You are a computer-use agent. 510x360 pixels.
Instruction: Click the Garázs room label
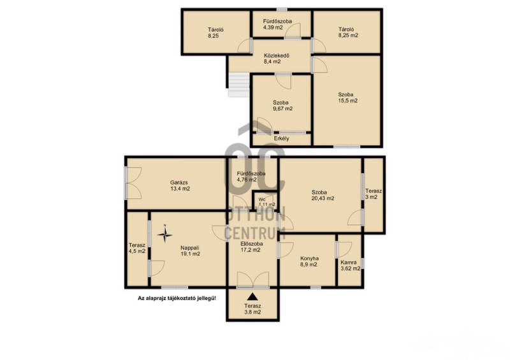180,185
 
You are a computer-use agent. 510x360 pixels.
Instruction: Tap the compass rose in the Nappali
165,234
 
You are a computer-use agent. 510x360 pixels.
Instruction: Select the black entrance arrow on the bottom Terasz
252,296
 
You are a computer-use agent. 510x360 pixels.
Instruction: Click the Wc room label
266,202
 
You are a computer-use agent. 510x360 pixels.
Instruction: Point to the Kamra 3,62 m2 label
350,265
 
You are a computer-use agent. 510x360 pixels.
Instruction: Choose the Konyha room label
309,261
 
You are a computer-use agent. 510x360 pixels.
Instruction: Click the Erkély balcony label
281,138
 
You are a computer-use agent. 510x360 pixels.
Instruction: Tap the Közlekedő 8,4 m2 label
276,59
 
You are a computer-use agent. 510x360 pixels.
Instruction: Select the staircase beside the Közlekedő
239,85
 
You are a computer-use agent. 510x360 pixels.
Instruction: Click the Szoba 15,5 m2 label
347,97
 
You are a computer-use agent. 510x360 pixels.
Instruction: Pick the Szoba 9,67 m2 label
282,106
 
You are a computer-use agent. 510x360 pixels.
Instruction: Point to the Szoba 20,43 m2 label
323,195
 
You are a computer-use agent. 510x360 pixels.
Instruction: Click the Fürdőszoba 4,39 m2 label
277,24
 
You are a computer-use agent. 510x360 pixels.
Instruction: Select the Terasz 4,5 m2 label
136,248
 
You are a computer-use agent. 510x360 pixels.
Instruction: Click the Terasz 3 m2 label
373,194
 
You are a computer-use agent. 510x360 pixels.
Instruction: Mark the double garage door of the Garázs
133,183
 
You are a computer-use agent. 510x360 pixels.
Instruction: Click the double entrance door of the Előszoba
252,280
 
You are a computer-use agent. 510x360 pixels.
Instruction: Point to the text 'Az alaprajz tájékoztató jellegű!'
177,298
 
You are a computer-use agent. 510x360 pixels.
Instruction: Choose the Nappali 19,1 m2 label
190,250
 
